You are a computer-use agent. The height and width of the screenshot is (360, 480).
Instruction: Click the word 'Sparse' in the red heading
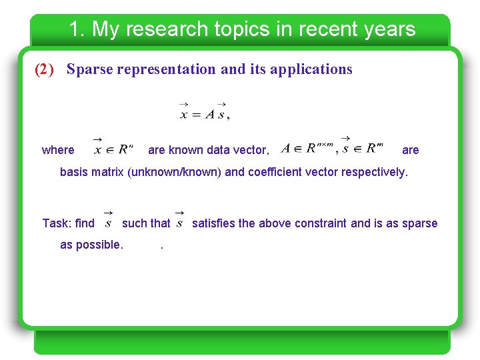pyautogui.click(x=91, y=69)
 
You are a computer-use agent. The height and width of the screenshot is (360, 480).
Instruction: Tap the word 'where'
pyautogui.click(x=58, y=150)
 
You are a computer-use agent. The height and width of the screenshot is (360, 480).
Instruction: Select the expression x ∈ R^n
pyautogui.click(x=113, y=147)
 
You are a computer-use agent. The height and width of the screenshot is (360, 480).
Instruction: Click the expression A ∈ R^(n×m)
pyautogui.click(x=307, y=147)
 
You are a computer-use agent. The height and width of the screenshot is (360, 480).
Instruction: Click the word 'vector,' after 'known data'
pyautogui.click(x=249, y=150)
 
